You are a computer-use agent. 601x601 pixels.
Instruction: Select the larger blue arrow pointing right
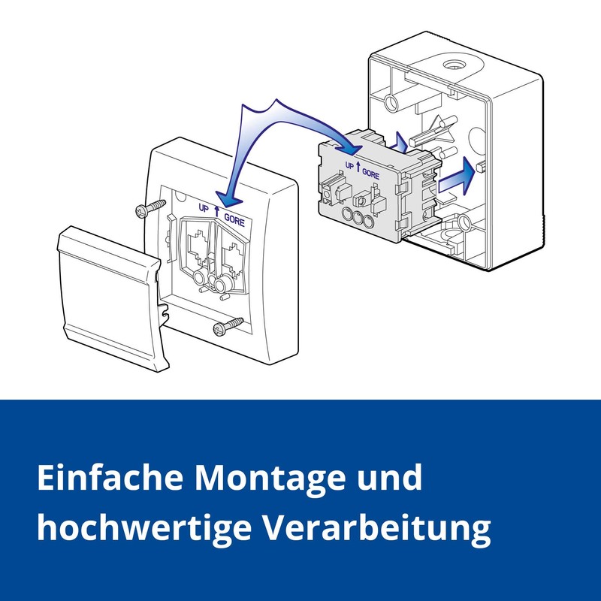tap(457, 175)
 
